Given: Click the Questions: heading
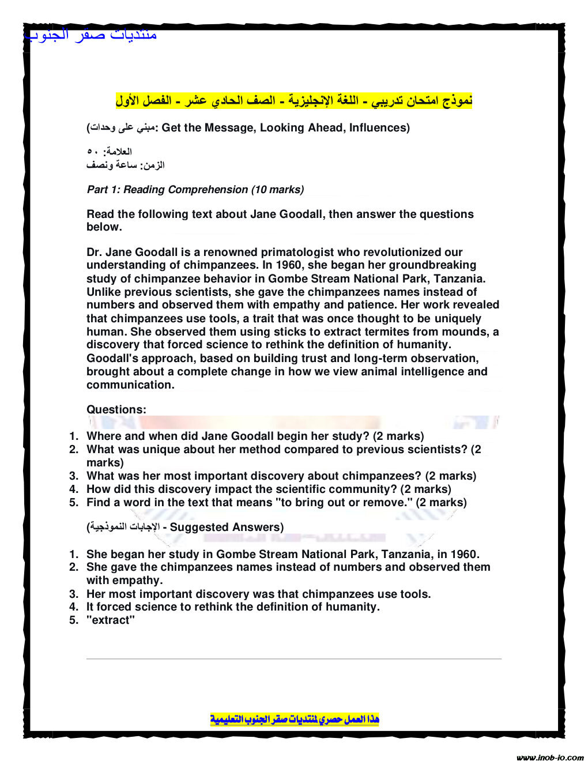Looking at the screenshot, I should click(116, 409).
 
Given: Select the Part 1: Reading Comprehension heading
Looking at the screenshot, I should click(195, 190).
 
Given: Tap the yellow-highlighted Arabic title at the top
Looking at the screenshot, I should click(294, 100).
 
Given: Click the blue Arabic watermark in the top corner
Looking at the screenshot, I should click(91, 35).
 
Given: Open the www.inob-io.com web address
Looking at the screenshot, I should click(550, 757).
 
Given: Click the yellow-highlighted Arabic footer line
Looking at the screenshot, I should click(295, 719).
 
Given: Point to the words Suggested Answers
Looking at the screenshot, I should click(226, 527).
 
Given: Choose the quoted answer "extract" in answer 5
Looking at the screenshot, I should click(111, 620).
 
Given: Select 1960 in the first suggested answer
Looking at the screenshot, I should click(463, 554).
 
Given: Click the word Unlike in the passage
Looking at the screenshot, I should click(104, 292).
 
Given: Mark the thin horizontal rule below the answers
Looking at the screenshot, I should click(294, 658).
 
